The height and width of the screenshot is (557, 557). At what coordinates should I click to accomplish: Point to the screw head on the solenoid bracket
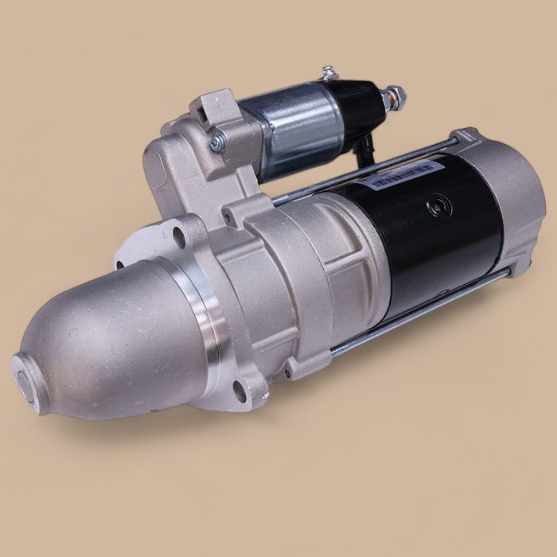click(217, 142)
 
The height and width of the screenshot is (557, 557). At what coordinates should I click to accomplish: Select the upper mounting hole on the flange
click(179, 236)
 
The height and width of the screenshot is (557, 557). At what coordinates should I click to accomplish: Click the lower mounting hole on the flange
click(240, 389)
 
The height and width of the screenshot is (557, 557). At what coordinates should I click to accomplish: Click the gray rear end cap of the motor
click(509, 199)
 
